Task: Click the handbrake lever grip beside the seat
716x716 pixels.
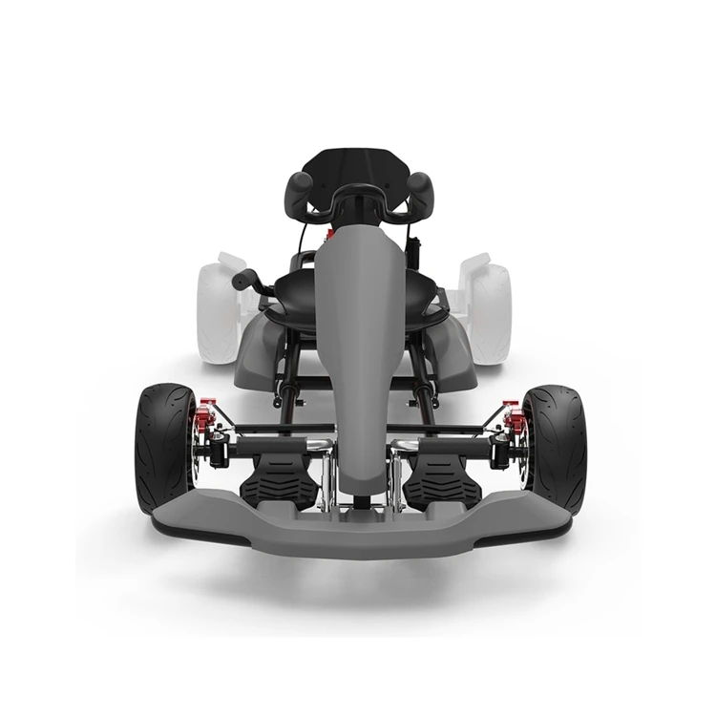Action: click(x=245, y=280)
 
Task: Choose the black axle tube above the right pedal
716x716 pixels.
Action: click(x=439, y=443)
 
